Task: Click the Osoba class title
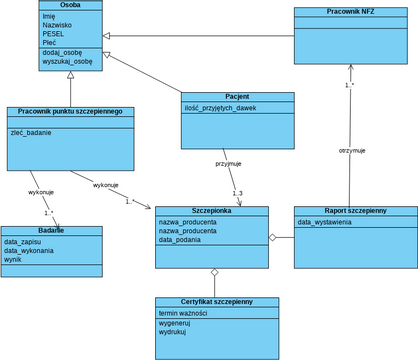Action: point(70,6)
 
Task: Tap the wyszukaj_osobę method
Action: point(67,61)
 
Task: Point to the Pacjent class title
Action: point(237,97)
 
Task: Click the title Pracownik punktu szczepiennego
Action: point(70,112)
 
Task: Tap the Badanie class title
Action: point(51,231)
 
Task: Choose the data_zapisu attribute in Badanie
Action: point(23,242)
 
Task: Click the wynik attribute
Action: point(13,259)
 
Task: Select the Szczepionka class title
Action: point(212,212)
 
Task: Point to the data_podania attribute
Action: point(181,240)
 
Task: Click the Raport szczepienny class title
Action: point(355,211)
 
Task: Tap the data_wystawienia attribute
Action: point(325,222)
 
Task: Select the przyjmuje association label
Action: point(228,162)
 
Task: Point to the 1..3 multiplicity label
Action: point(238,193)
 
